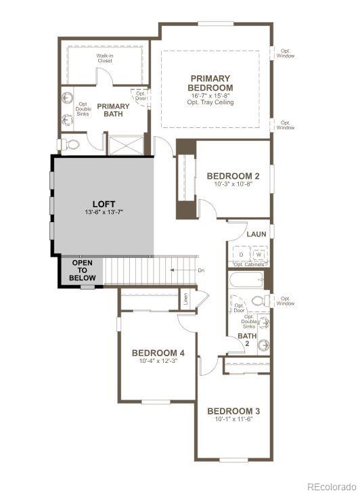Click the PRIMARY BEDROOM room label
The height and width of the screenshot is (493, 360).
(x=210, y=83)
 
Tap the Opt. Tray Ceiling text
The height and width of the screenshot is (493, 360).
(x=210, y=102)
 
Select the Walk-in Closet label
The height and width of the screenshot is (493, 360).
(x=104, y=58)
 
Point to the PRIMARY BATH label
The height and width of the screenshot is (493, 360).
(x=113, y=110)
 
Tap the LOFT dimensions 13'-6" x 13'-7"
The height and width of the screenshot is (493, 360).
(x=104, y=213)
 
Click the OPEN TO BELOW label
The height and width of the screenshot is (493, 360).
(x=84, y=270)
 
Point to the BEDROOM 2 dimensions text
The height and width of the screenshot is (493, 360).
(x=233, y=184)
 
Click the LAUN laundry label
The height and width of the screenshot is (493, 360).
(x=256, y=234)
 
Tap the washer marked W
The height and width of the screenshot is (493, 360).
(x=258, y=254)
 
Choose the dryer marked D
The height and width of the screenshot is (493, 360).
(x=240, y=254)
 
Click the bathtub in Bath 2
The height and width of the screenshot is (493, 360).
(x=246, y=280)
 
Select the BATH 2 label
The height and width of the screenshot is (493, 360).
(x=246, y=339)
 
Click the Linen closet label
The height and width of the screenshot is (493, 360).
(x=185, y=298)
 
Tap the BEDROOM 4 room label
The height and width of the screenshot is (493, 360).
(x=158, y=353)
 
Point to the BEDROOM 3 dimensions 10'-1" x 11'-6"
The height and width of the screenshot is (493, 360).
(x=233, y=420)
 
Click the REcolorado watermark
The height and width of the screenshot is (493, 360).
(x=331, y=486)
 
